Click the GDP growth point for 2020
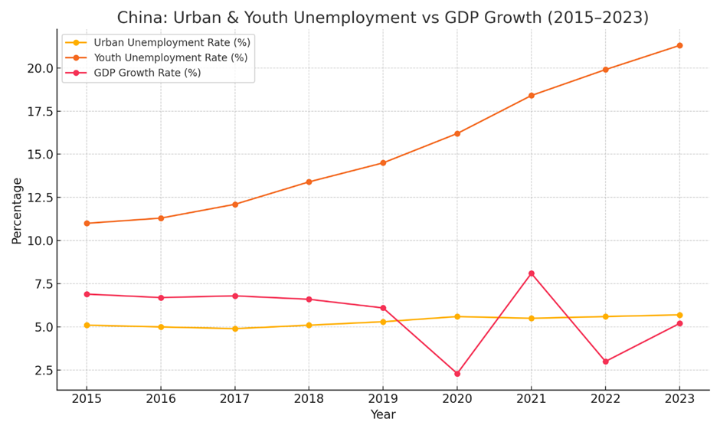click(x=457, y=374)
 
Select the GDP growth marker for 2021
click(x=531, y=273)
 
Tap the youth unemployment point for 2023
click(x=679, y=46)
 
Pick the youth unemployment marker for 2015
click(x=87, y=224)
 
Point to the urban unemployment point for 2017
click(x=235, y=329)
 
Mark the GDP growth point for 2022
click(x=605, y=362)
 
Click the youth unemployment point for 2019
click(x=383, y=163)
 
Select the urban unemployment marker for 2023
click(x=679, y=315)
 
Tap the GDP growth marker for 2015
click(x=87, y=294)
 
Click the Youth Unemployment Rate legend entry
click(x=170, y=57)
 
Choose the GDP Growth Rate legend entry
click(x=147, y=73)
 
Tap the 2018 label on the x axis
click(x=309, y=399)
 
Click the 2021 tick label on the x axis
click(x=531, y=399)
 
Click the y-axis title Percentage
click(x=17, y=211)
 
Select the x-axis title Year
click(x=383, y=415)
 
